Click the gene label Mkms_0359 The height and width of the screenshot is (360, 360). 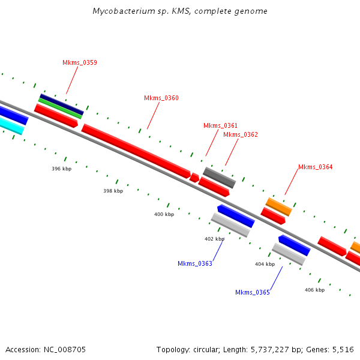[79, 62]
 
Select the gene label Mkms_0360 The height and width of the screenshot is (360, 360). [161, 98]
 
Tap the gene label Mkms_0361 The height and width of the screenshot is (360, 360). [220, 125]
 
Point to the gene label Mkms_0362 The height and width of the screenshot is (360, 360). [240, 134]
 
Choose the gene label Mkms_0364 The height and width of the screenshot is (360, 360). [315, 167]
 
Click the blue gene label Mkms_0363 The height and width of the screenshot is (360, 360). [194, 263]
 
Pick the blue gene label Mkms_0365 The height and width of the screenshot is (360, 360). [252, 292]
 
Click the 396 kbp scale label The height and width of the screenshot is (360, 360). [61, 169]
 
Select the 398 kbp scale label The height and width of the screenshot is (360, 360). [113, 191]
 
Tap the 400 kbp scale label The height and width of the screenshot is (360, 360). [164, 214]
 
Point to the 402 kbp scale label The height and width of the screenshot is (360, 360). [214, 239]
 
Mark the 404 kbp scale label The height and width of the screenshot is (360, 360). [265, 264]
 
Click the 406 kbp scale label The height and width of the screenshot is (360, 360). [314, 290]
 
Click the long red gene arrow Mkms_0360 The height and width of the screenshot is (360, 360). [135, 150]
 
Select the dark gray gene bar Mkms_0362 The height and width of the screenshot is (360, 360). [219, 178]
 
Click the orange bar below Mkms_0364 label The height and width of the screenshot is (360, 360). [278, 207]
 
